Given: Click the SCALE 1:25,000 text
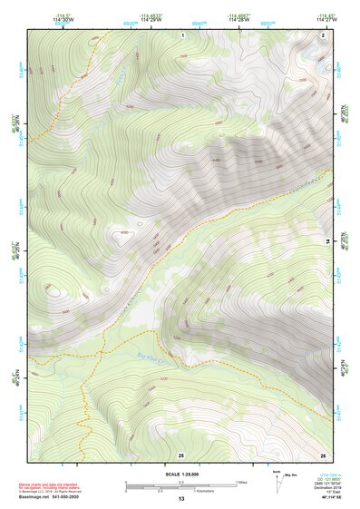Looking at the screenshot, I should tap(180, 474).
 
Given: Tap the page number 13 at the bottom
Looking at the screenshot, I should tap(180, 498).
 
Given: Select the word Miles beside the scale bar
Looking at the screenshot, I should tap(241, 481).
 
